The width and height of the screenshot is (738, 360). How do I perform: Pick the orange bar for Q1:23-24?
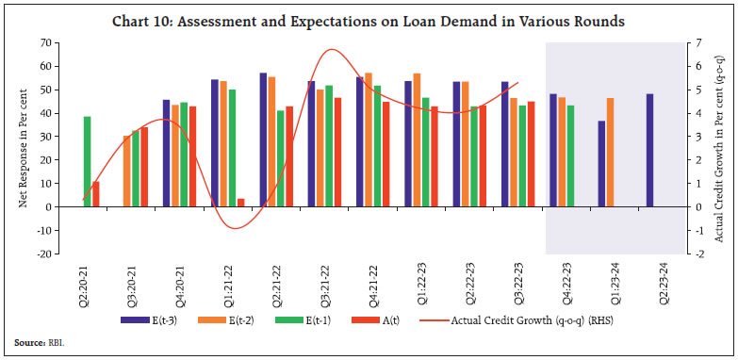(610, 152)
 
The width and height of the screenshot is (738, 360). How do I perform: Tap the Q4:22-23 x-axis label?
(563, 280)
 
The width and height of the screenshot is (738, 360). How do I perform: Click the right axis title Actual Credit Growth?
(724, 149)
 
